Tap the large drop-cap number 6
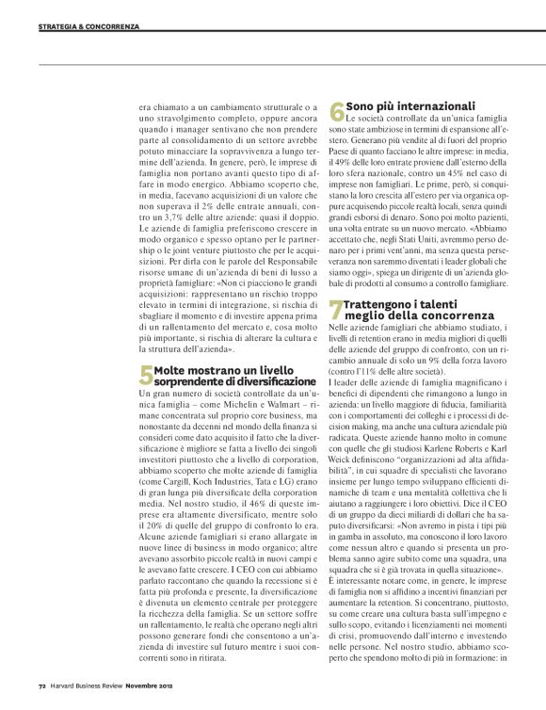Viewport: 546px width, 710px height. pos(337,112)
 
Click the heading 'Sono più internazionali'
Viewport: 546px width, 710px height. pos(409,105)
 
